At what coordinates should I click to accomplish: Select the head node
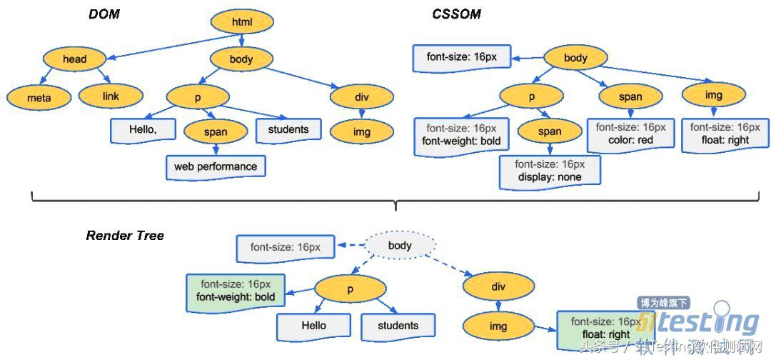coord(74,59)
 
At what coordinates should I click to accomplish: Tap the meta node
coord(39,97)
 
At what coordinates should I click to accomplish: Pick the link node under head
coord(110,96)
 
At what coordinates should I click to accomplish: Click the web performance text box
coord(216,167)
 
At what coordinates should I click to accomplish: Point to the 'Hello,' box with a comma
coord(143,130)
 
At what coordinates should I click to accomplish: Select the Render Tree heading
coord(125,236)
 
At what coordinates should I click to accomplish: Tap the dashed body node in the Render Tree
coord(400,246)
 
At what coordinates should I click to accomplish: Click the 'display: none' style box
coord(550,171)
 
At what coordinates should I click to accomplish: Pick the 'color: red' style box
coord(630,134)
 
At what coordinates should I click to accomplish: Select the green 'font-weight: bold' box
coord(236,291)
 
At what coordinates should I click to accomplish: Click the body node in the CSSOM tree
coord(575,58)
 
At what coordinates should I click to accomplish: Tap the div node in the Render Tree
coord(498,286)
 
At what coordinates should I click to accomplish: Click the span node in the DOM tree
coord(216,131)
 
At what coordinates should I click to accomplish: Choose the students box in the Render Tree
coord(398,326)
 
